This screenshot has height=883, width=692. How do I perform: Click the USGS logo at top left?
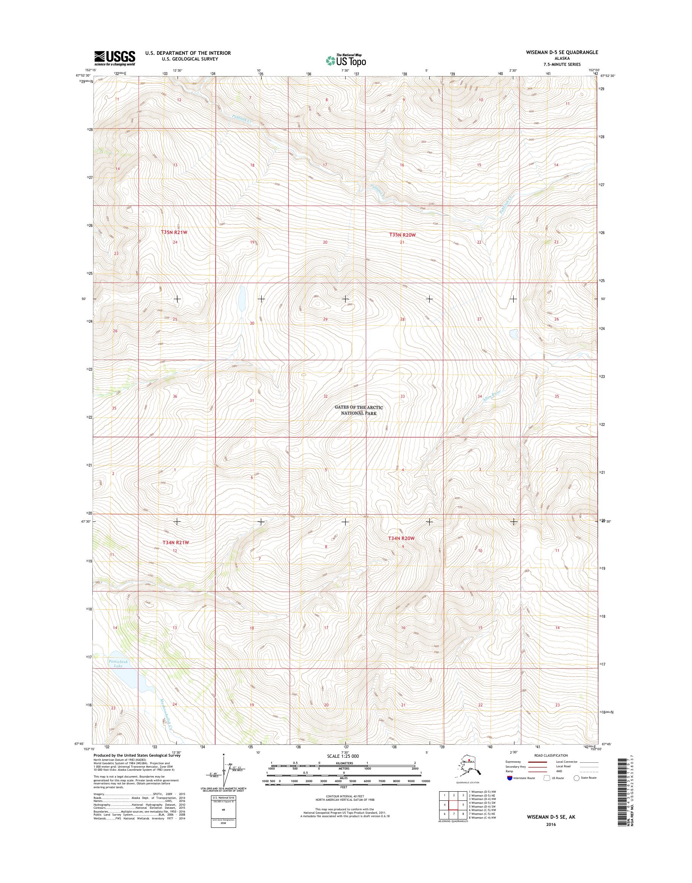coord(115,58)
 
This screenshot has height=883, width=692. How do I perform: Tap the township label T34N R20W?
coord(402,538)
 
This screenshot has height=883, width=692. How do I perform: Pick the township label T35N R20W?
coord(402,234)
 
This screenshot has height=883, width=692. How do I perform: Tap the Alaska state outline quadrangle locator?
coord(467,771)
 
